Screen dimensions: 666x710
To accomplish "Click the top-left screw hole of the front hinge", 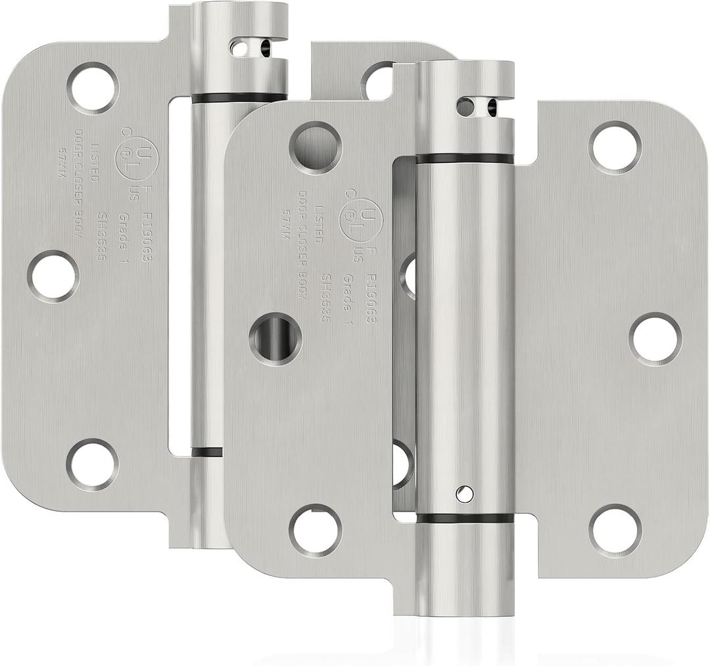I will point(315,144).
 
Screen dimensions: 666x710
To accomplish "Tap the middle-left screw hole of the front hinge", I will point(275,339).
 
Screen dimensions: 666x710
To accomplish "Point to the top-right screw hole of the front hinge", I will point(615,148).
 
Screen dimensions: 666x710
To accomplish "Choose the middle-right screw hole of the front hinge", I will point(655,339).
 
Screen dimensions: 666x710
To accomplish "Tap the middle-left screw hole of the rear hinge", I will point(53,276).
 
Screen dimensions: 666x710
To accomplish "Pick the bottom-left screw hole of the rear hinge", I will point(92,464).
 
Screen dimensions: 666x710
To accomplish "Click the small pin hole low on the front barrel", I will point(465,493).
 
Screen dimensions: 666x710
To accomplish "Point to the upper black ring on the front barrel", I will point(465,159).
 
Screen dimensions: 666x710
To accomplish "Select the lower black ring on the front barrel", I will point(465,518).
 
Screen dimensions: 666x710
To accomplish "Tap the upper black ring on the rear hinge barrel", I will point(239,99).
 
